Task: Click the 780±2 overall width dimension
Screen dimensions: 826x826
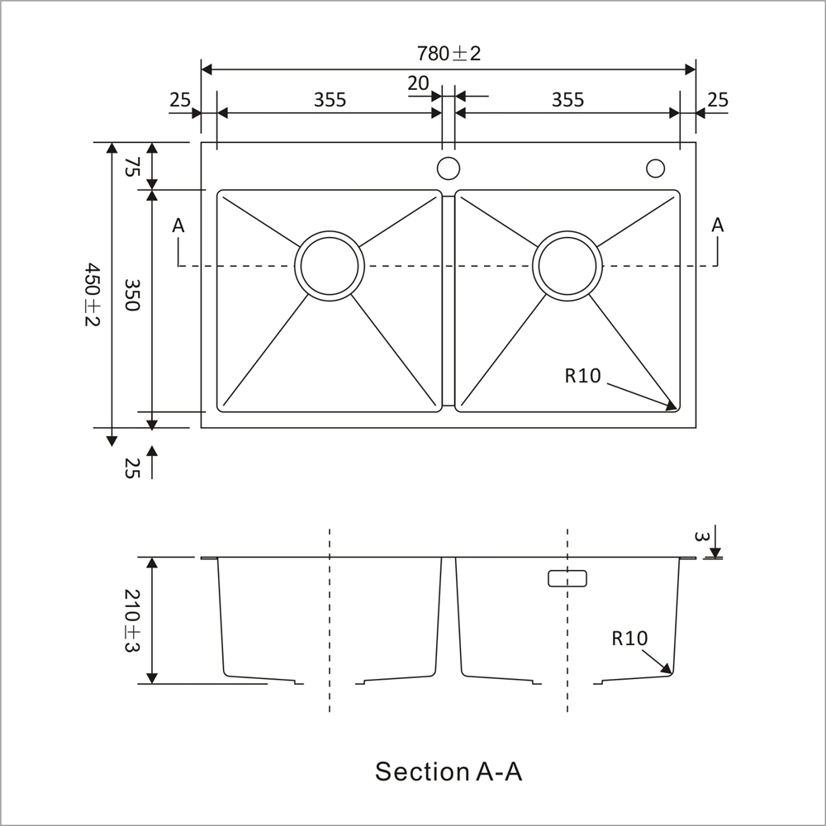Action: [x=449, y=54]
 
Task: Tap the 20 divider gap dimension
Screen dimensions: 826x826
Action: [x=418, y=83]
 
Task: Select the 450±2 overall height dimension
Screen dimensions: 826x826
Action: [x=92, y=295]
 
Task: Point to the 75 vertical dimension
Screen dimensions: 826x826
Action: [x=132, y=167]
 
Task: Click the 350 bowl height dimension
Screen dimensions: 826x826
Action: [x=131, y=295]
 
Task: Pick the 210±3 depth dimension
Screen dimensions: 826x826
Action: [x=131, y=620]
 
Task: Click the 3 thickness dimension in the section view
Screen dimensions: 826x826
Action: [x=701, y=537]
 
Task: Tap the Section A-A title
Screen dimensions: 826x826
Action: [x=449, y=771]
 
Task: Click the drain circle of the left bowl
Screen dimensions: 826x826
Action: [x=330, y=265]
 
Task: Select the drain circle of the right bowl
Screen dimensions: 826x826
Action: [x=567, y=265]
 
